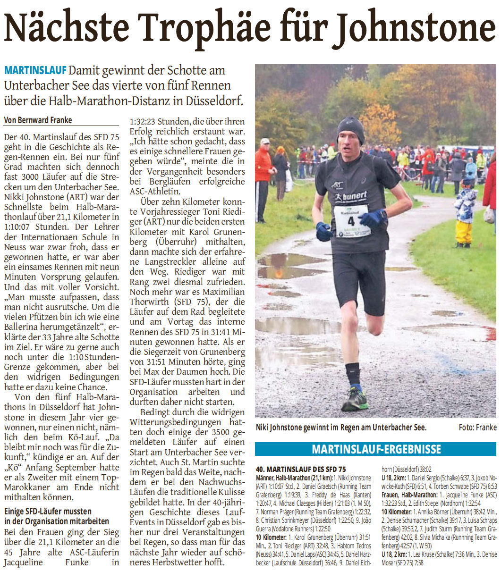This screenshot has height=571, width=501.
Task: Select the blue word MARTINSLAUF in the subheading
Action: point(35,71)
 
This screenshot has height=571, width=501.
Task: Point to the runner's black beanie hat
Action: point(350,129)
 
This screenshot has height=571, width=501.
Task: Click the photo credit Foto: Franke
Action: point(477,428)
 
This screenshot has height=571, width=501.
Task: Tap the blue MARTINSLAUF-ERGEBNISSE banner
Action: point(375,449)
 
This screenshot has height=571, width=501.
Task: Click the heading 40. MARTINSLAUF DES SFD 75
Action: point(301,469)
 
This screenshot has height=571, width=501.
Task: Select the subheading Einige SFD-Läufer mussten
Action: point(48,512)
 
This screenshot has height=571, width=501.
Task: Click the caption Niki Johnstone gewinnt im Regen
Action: point(341,428)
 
